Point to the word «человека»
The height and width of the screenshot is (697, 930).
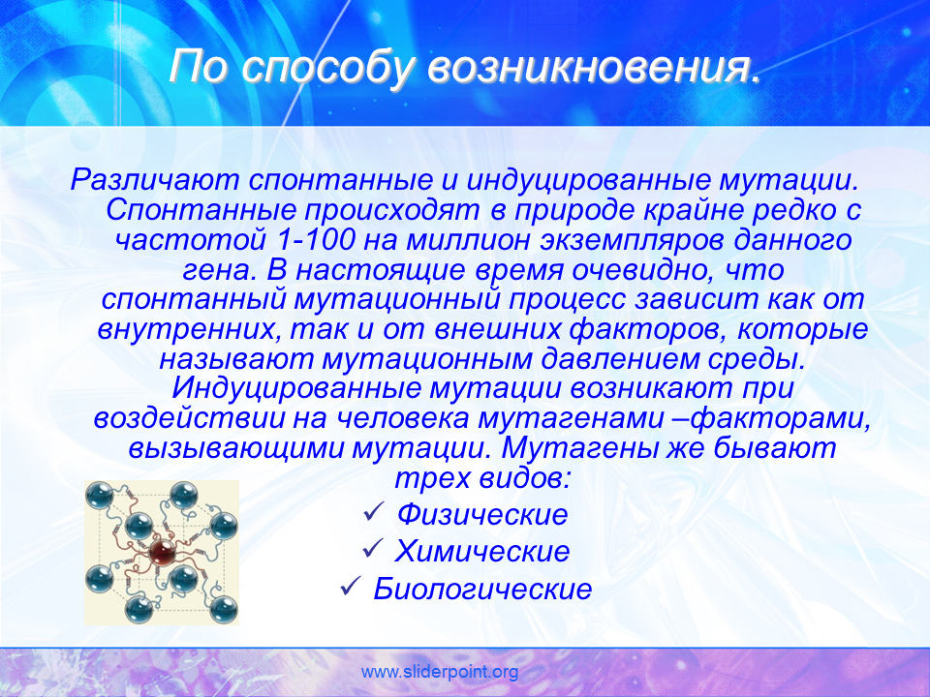(403, 418)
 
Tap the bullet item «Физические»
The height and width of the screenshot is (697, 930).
(482, 514)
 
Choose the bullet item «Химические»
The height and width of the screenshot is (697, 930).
(482, 551)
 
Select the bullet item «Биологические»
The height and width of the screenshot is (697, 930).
(482, 589)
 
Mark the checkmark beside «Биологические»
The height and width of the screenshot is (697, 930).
(351, 587)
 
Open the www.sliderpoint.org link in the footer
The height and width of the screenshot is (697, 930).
(440, 672)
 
